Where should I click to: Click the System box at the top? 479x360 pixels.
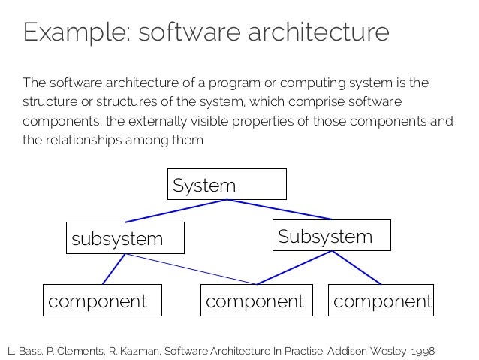coord(227,184)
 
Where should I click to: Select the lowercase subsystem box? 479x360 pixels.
coord(125,238)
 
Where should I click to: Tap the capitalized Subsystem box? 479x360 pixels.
coord(331,236)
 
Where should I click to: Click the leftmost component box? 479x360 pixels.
coord(103,301)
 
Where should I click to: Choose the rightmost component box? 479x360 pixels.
coord(381,301)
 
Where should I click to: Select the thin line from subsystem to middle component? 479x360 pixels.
coord(191,270)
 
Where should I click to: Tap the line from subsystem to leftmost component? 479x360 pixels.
coord(113,269)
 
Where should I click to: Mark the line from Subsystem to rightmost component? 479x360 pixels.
coord(357,268)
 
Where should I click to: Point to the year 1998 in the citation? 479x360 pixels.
coord(421,351)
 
